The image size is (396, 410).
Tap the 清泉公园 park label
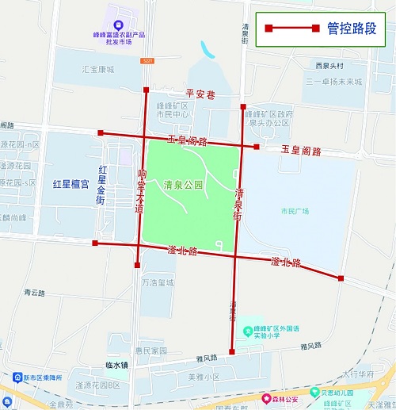coord(184,186)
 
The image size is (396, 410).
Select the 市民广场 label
coord(295,211)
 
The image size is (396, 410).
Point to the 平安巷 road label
coord(200,94)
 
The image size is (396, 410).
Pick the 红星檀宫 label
coord(71,184)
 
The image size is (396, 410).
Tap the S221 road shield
coord(147,60)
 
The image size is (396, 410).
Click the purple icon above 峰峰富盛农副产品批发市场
coord(118,25)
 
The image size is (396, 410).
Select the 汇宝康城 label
coord(98,70)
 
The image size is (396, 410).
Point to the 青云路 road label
coord(35,293)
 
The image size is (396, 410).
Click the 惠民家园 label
coord(150,350)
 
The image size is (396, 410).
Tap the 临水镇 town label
coord(116,366)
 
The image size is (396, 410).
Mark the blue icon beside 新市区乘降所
coord(17,377)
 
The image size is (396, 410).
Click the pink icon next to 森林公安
coord(267,398)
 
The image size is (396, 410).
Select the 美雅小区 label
coord(203,377)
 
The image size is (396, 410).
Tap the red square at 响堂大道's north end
coord(145,90)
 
